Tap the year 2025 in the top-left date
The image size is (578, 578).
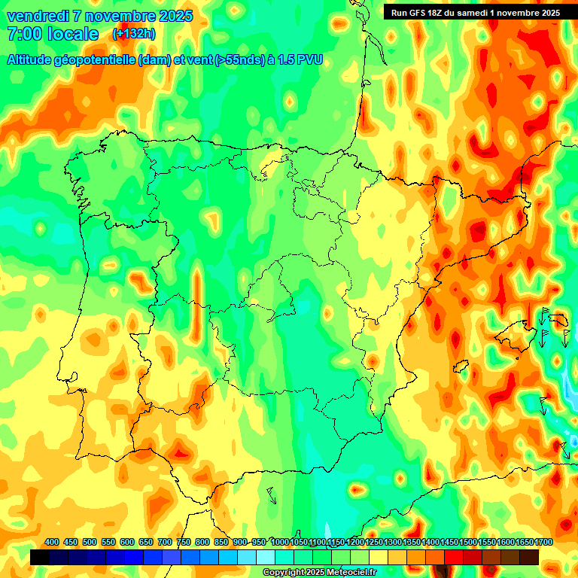click(x=175, y=16)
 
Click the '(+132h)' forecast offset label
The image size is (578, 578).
click(x=133, y=34)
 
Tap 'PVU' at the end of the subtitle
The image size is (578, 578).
click(x=310, y=59)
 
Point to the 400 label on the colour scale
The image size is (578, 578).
click(x=52, y=542)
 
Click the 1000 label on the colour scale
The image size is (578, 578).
click(x=280, y=542)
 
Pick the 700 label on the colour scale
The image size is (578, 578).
click(x=165, y=542)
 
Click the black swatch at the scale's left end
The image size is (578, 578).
click(x=40, y=557)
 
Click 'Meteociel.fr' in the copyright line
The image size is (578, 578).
click(x=351, y=573)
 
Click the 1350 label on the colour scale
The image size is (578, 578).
click(x=412, y=542)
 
